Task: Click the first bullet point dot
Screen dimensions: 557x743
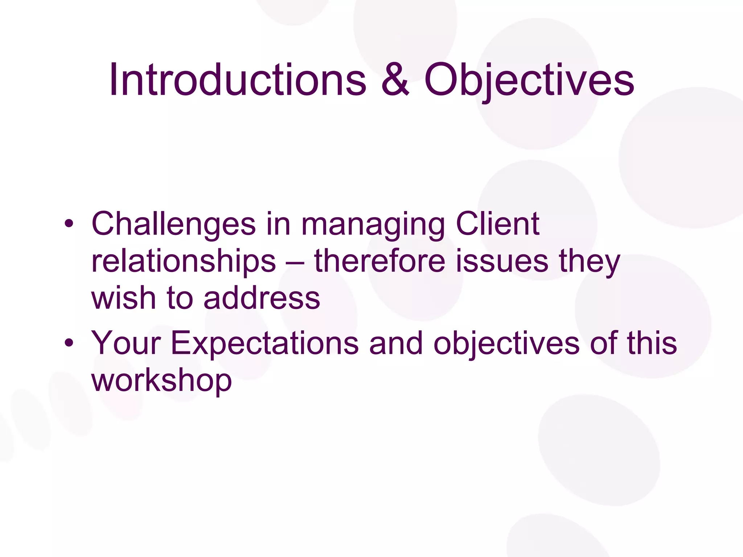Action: point(69,224)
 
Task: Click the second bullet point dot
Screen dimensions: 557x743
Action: point(69,343)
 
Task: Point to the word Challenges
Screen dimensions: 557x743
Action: point(173,224)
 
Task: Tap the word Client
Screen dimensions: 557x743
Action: point(497,224)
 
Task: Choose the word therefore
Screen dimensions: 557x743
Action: point(379,261)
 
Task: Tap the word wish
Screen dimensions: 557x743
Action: point(123,298)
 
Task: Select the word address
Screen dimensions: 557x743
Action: point(262,298)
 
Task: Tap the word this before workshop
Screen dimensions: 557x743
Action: point(652,343)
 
